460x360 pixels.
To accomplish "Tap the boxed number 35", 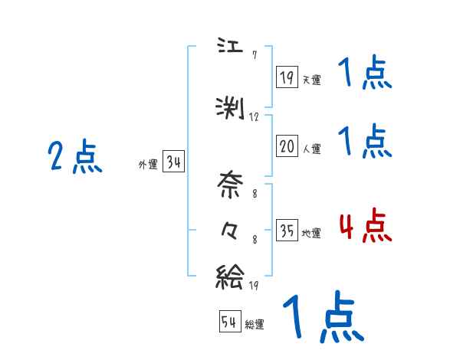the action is tap(287, 231).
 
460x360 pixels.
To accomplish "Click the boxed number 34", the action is tap(173, 162).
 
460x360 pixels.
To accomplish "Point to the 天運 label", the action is tap(311, 79).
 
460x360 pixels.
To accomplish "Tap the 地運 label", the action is tap(311, 234).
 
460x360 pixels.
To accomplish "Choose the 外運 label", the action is tap(147, 164).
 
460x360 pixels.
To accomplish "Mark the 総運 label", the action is tap(255, 325).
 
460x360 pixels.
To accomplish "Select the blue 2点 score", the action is tap(74, 157).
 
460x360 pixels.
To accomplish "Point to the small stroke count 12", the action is tap(255, 117).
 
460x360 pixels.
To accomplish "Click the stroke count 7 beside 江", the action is tap(254, 54).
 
